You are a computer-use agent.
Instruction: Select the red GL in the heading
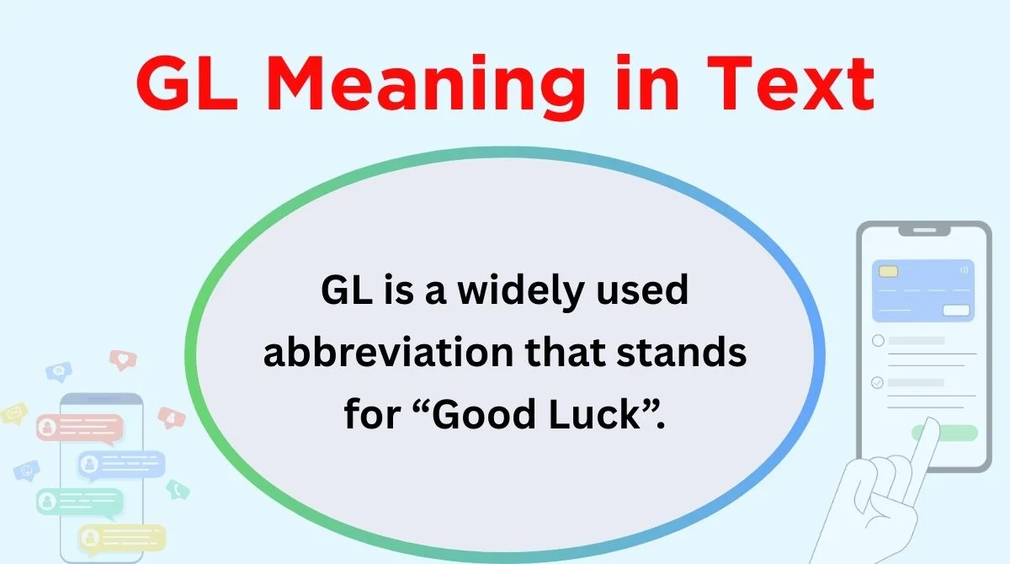pos(187,82)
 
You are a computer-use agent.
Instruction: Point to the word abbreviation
pos(388,352)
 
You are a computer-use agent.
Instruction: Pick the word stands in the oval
pos(681,352)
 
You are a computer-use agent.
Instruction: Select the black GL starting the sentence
pos(347,290)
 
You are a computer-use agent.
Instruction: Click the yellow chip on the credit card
pos(888,271)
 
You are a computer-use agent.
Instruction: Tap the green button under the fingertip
pos(944,433)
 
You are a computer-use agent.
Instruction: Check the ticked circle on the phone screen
pos(877,383)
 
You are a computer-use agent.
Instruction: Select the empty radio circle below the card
pos(878,340)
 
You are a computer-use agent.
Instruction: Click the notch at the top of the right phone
pos(924,231)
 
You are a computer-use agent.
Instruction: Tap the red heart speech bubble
pos(123,359)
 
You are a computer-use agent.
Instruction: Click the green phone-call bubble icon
pos(178,490)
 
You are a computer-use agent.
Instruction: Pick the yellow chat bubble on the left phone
pos(122,538)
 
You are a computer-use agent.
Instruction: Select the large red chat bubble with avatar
pos(80,428)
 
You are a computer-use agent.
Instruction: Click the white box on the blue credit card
pos(956,311)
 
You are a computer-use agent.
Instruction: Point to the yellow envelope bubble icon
pos(13,413)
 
